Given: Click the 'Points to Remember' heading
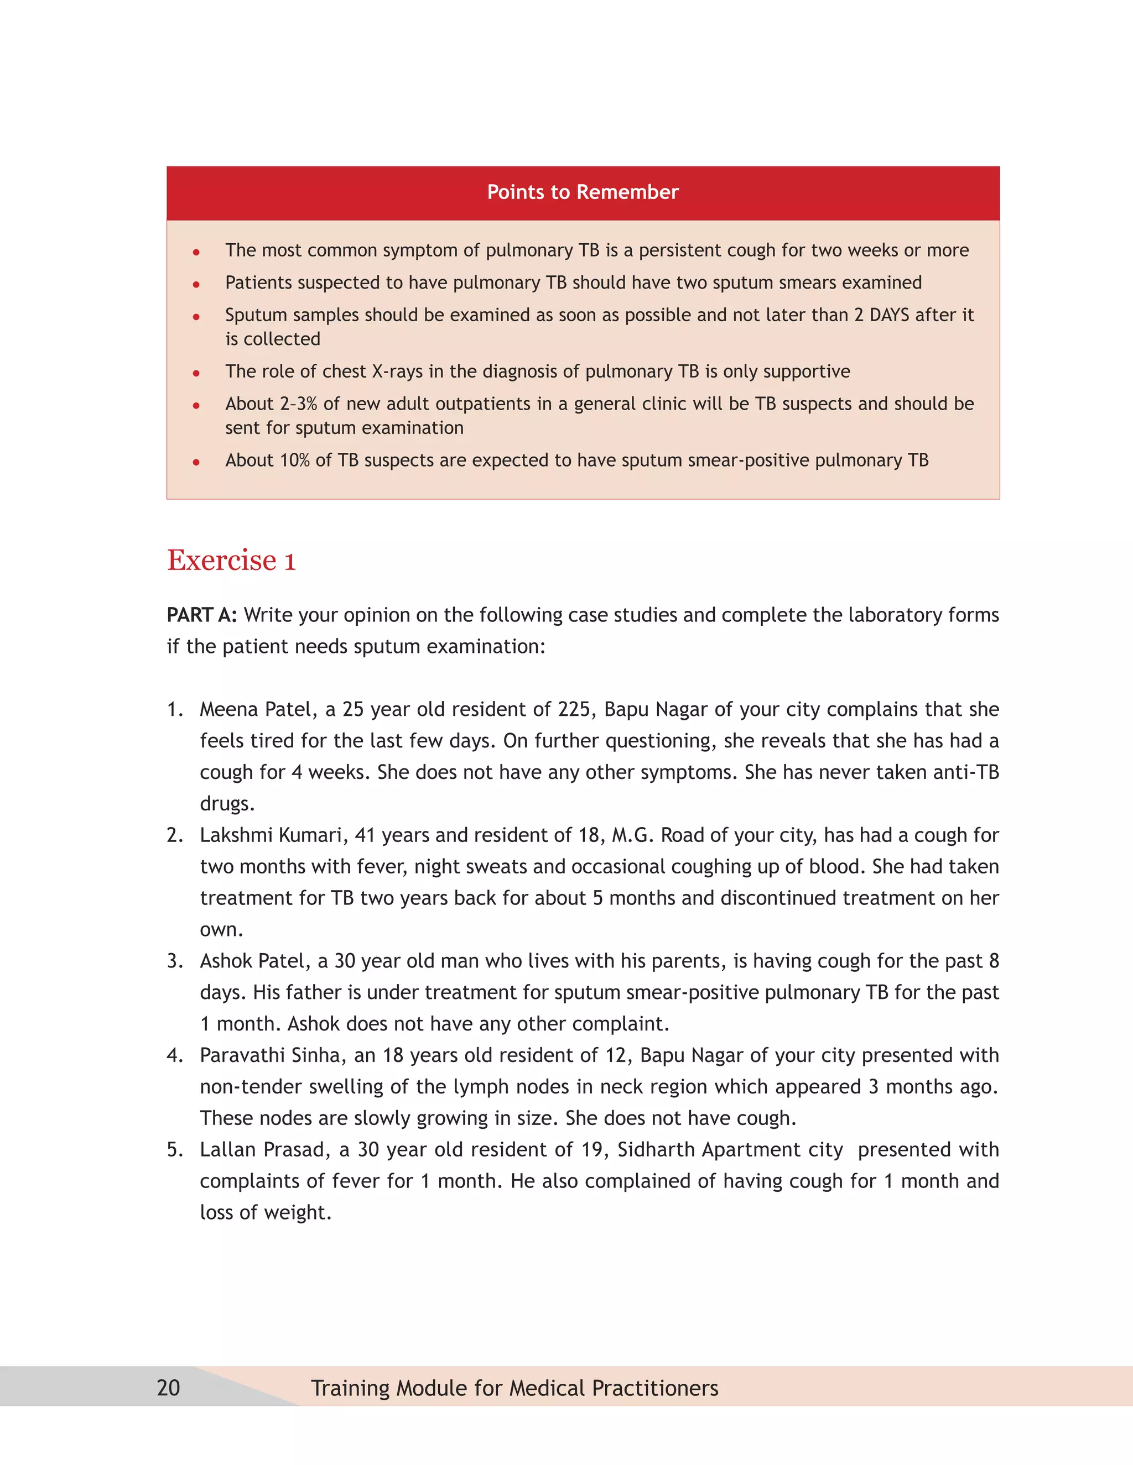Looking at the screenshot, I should pos(583,192).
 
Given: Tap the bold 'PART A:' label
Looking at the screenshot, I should pos(201,615).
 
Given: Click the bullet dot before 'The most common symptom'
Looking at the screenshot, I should pos(196,252).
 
